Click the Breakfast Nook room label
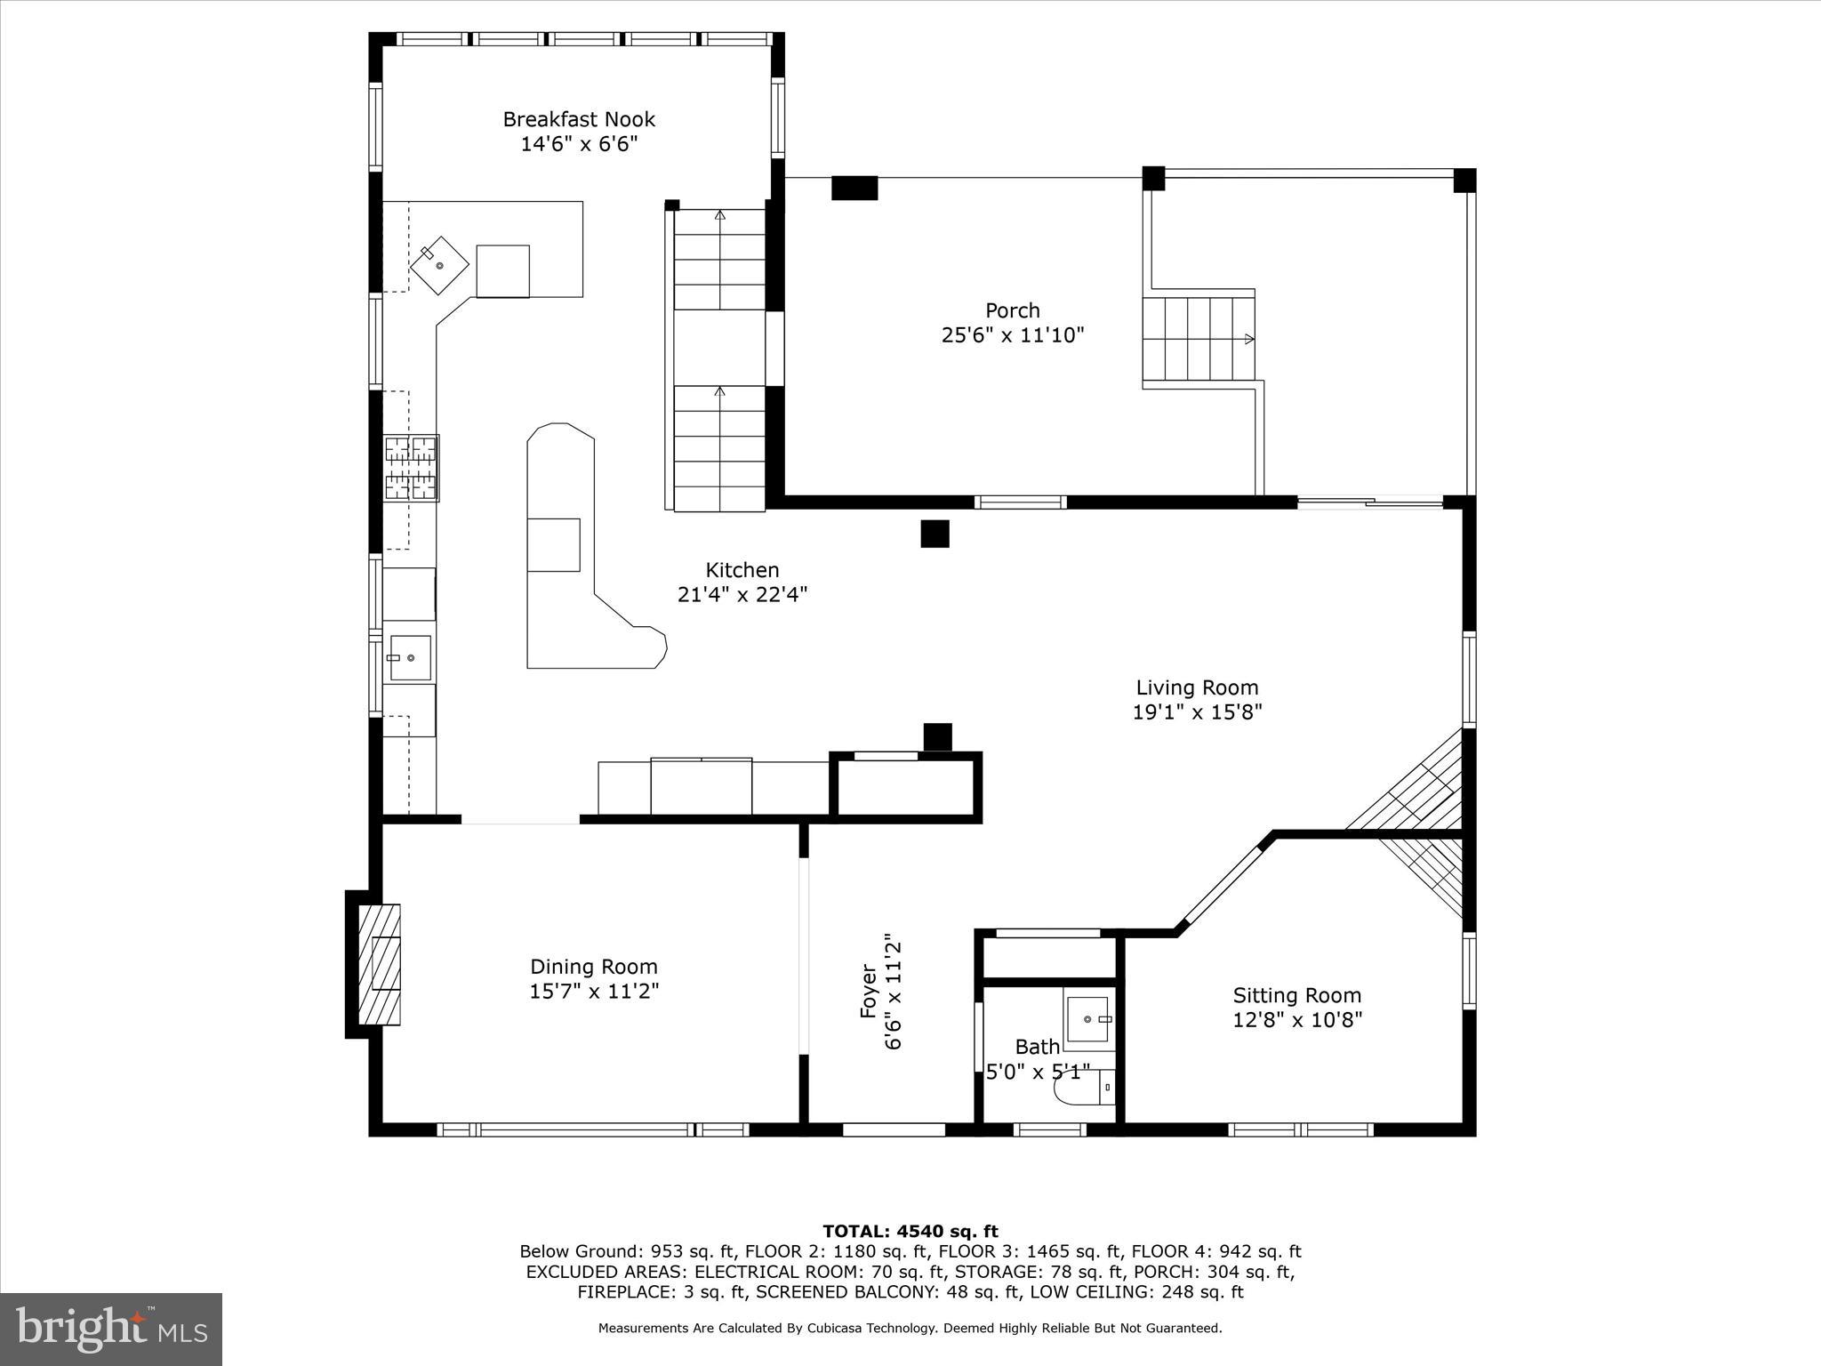pos(579,119)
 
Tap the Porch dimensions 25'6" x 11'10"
pos(1013,335)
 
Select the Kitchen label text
pos(742,570)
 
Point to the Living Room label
pos(1197,687)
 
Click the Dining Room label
pos(593,967)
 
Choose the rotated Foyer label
pos(869,992)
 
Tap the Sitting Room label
pos(1296,995)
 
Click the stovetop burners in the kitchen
pos(411,469)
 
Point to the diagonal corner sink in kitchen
pos(439,265)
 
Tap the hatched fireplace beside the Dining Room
pos(380,964)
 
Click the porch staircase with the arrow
pos(1198,339)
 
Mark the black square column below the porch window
pos(935,534)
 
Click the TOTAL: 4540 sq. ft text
pos(910,1232)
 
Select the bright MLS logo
pos(111,1329)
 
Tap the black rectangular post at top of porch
pos(854,188)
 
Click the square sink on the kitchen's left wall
pos(410,658)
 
